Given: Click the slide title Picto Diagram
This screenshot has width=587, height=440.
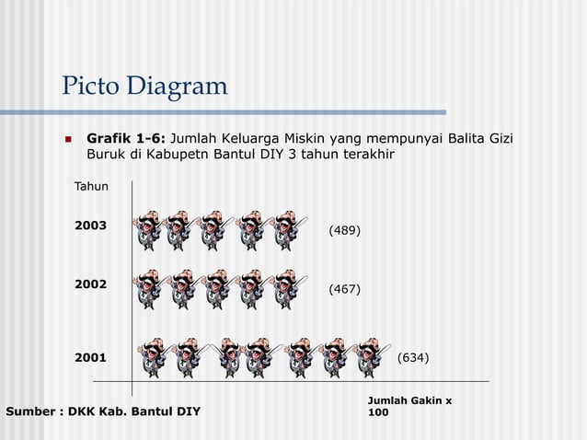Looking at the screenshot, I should (x=144, y=87).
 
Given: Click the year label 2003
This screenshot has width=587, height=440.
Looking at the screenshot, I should (x=90, y=226).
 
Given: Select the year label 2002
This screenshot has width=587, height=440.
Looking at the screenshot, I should (x=90, y=284).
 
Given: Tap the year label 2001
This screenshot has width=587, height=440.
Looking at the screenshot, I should (x=90, y=357).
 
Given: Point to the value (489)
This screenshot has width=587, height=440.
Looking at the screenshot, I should (x=344, y=229).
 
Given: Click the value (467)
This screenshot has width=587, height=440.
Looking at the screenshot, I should (x=344, y=289).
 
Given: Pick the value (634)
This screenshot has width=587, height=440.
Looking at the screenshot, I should (x=412, y=357).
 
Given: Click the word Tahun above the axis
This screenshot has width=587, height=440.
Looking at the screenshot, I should (x=91, y=187).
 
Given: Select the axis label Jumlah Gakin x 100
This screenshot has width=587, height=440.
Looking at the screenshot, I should (x=409, y=406).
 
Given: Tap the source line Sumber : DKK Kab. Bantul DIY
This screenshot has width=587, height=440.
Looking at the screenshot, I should (x=103, y=411).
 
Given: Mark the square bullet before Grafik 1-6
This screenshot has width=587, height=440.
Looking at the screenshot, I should (x=67, y=140).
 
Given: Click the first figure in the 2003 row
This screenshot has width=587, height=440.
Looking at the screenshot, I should (x=148, y=230).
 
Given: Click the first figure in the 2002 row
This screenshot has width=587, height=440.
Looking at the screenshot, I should (x=148, y=289).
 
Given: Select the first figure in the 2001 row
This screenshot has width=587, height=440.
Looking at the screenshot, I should (x=156, y=357).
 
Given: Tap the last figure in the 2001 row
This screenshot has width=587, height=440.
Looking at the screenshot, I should (x=369, y=357).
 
